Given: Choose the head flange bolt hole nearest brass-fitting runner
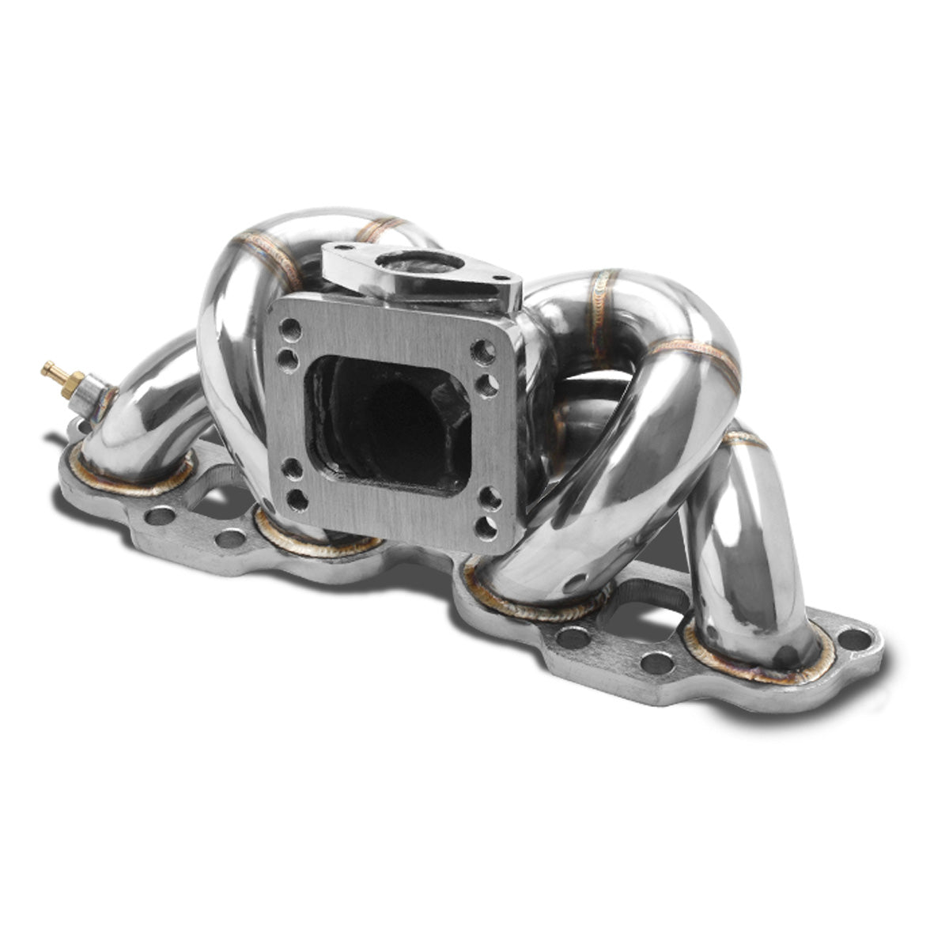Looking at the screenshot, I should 161,516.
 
